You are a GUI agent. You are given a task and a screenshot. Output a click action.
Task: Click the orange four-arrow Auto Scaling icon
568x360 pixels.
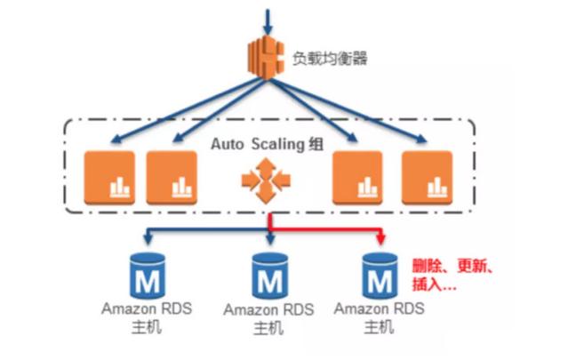coord(265,182)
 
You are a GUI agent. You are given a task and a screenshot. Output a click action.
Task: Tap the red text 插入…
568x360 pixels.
coord(435,286)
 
